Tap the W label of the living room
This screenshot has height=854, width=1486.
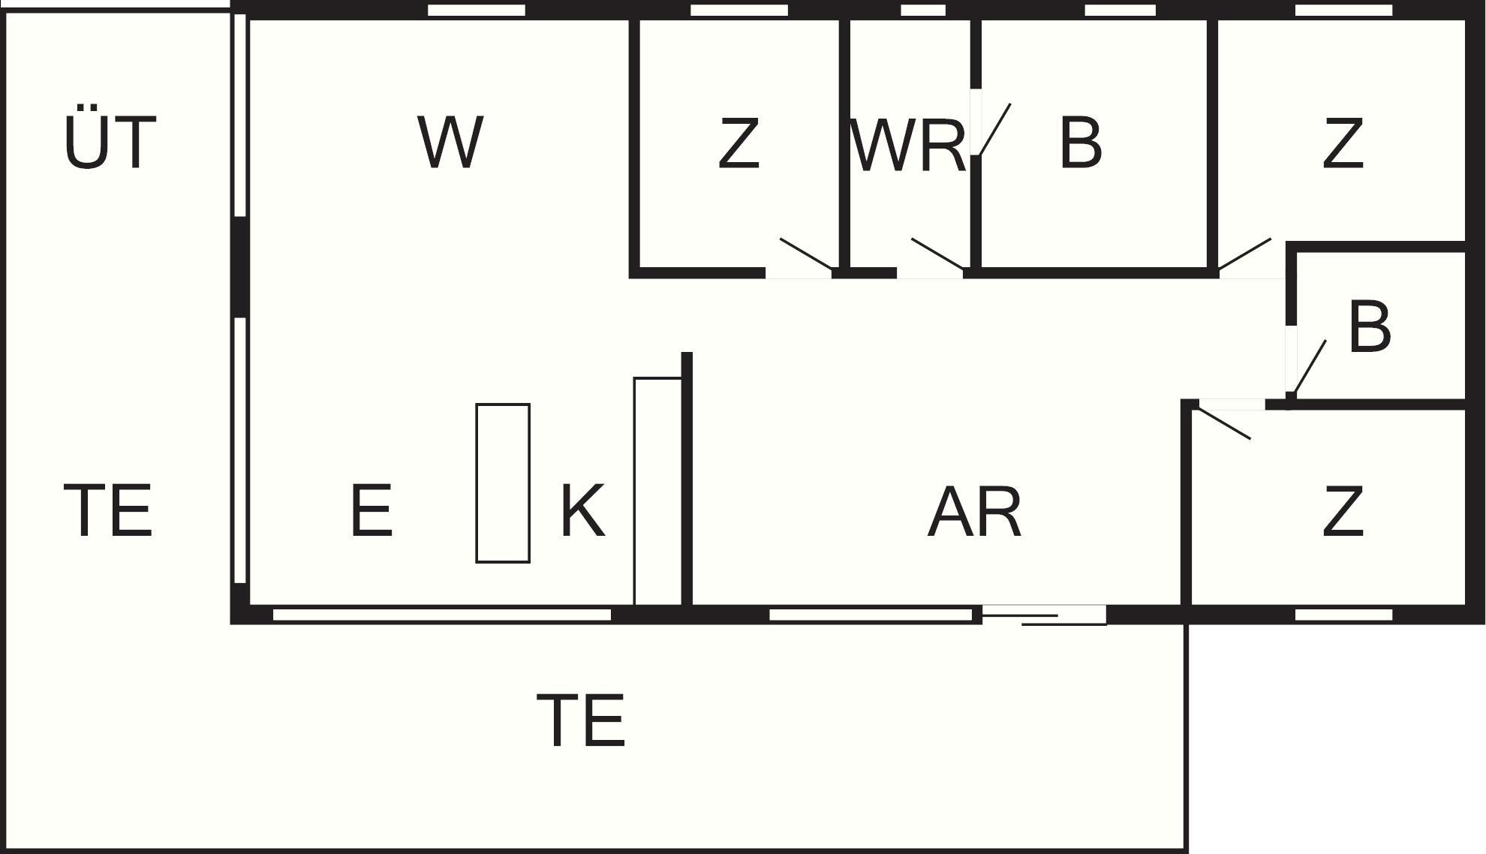click(450, 142)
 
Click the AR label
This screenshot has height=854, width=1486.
click(974, 513)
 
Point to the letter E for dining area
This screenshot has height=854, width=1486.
click(371, 510)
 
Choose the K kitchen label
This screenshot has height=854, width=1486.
click(582, 510)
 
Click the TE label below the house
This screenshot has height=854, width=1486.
click(581, 720)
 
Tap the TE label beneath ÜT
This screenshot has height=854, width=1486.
click(109, 511)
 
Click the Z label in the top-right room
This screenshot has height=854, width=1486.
click(1342, 143)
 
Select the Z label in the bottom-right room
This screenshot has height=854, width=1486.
click(1342, 512)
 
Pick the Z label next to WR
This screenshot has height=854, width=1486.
click(738, 143)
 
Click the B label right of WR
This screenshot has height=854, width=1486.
click(1080, 142)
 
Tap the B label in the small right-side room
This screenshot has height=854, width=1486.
click(1370, 327)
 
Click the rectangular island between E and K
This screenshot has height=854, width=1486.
click(503, 483)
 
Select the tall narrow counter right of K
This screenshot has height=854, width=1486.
click(657, 491)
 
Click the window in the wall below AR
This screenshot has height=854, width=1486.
click(871, 615)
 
